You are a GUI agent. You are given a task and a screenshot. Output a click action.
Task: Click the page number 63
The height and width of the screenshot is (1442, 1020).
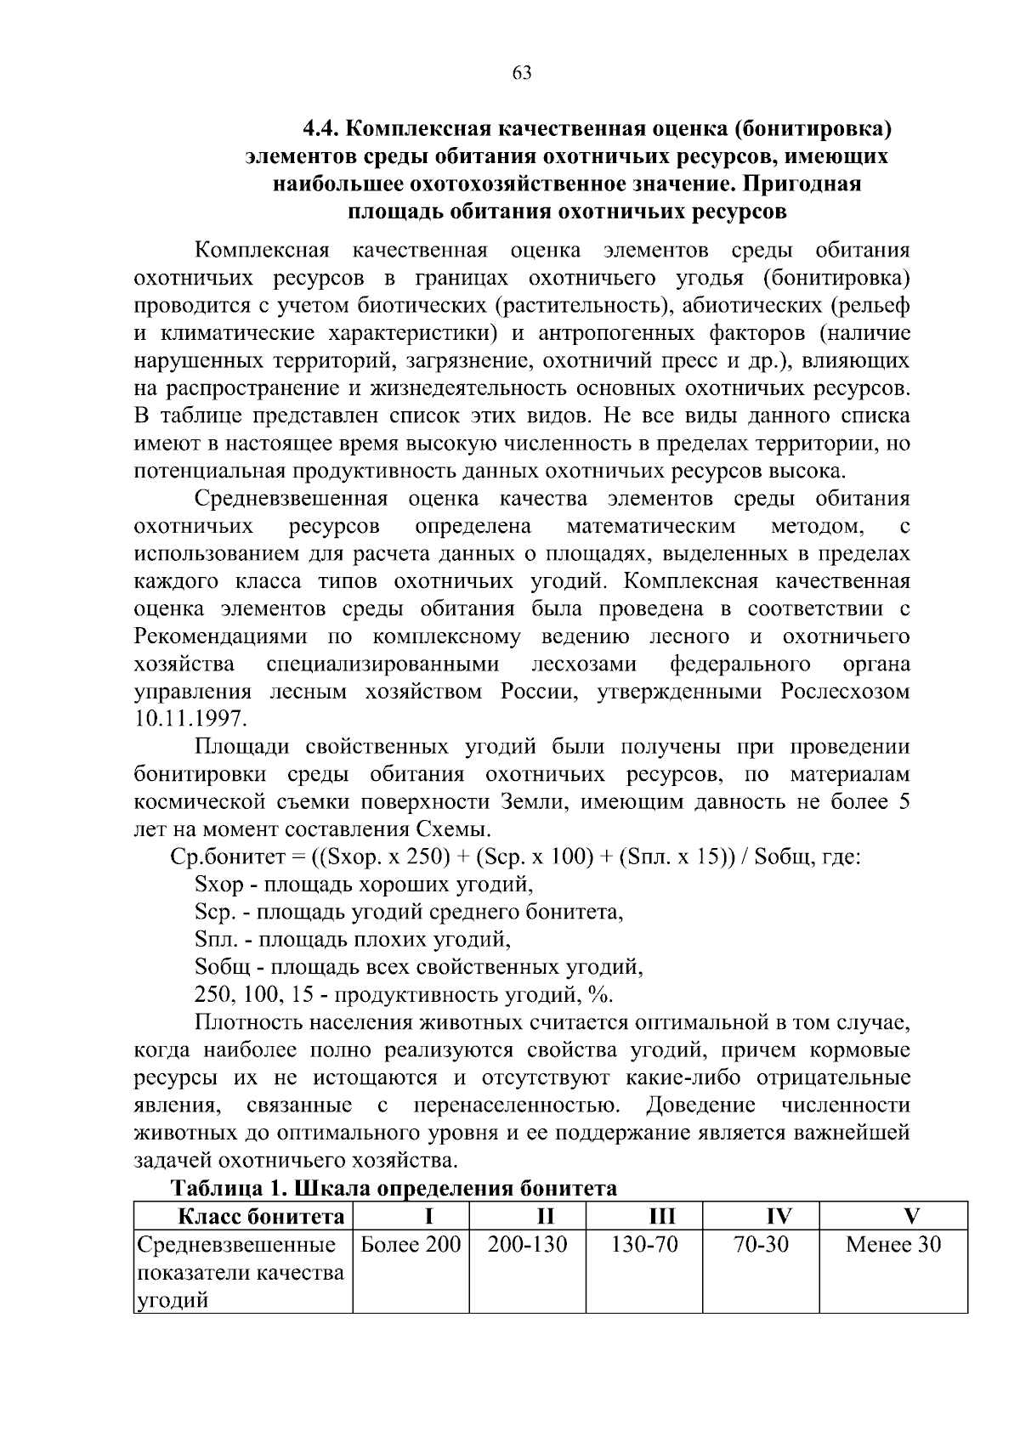click(522, 73)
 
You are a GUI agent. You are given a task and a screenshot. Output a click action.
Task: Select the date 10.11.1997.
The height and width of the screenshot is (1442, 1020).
click(190, 719)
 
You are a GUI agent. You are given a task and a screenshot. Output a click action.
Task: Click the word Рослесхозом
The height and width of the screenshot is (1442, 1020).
click(845, 692)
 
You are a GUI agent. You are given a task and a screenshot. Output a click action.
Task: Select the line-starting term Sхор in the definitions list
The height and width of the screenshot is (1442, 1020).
click(218, 885)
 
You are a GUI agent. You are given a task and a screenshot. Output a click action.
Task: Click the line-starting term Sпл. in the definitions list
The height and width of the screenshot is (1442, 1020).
click(214, 940)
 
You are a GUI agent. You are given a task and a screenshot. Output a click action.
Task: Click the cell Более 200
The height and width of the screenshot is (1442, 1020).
click(411, 1246)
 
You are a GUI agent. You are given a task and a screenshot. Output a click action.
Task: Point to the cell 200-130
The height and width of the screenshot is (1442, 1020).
click(527, 1246)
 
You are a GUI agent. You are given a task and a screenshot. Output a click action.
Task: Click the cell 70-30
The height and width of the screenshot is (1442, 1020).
click(760, 1246)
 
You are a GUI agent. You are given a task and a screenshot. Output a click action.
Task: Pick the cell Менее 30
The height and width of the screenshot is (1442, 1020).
click(893, 1246)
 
